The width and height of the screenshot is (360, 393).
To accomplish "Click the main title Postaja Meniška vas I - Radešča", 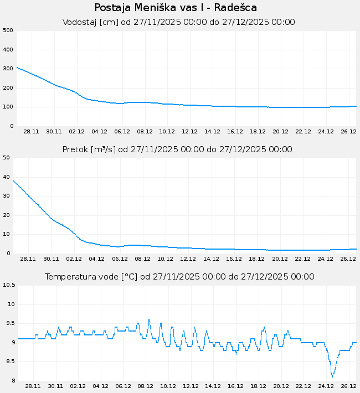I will pos(176,8).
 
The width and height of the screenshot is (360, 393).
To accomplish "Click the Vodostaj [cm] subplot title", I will pos(179,22).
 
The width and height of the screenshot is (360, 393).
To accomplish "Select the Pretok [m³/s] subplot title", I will pos(177,149).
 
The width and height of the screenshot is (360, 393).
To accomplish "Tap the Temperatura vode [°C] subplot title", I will pos(179,277).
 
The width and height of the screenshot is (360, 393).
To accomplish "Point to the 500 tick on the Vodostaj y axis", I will pos(7,30).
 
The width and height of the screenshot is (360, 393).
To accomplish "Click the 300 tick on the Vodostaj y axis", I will pos(7,69).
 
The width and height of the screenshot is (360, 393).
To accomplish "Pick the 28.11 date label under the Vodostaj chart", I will pos(31,132).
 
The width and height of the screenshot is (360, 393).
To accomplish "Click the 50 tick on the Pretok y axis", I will pos(7,158).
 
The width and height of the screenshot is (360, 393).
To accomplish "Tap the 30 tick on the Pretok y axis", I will pos(7,196).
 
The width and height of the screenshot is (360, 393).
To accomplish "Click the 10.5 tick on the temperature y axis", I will pos(9,285).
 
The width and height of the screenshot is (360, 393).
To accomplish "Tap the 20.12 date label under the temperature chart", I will pos(281,386).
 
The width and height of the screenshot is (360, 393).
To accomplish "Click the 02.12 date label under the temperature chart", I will pos(78,386).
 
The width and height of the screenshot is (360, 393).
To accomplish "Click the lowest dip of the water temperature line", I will pos(332,377).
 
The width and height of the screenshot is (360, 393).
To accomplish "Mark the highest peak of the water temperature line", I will pos(149,319).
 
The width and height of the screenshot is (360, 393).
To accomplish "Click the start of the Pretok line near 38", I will pos(14,180).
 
